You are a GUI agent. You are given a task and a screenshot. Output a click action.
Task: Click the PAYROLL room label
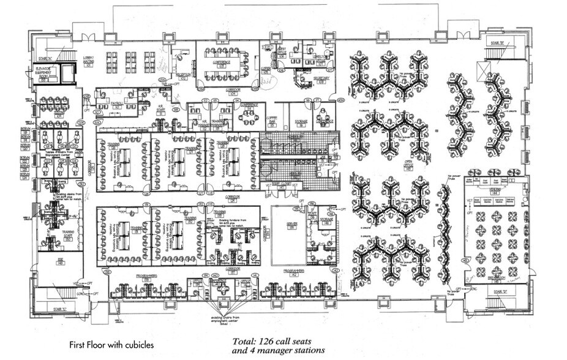(x=117, y=103)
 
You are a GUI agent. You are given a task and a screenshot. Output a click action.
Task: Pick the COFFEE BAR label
(x=273, y=121)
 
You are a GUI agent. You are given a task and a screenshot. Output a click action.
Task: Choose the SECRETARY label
(x=321, y=79)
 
